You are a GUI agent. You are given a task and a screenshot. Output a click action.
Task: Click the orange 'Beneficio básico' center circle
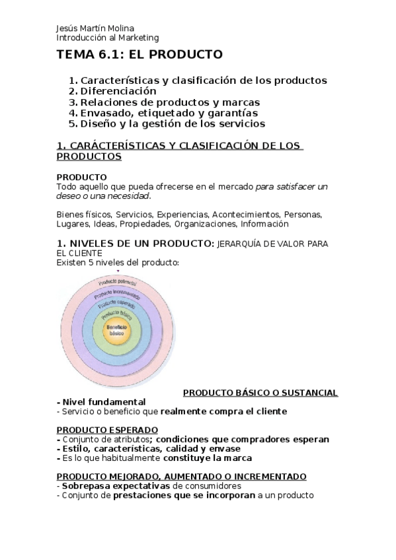point(117,332)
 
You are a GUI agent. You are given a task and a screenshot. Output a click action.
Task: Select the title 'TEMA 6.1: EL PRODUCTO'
point(139,55)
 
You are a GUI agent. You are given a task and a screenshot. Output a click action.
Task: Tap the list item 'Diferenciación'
point(118,91)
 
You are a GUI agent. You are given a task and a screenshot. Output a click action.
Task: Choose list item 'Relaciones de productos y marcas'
point(170,102)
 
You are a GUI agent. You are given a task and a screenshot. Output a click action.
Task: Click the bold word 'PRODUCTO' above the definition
point(82,177)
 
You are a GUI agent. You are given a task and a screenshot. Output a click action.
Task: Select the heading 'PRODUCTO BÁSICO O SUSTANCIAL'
point(260,393)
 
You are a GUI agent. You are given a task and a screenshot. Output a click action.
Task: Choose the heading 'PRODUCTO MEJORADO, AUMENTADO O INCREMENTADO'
point(181,476)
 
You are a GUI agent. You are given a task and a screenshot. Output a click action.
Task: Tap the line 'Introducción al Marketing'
point(107,38)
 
